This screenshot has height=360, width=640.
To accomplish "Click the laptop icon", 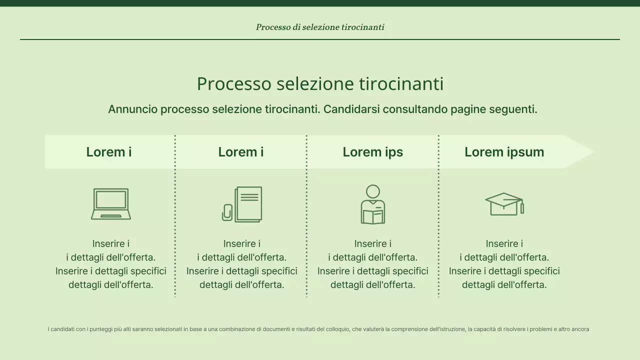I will click(111, 204).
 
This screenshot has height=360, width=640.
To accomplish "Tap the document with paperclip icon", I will click(242, 204).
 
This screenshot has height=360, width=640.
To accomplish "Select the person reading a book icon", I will click(373, 204).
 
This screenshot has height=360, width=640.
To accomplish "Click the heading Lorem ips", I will click(372, 152).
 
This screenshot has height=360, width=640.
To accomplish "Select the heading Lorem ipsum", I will click(504, 152).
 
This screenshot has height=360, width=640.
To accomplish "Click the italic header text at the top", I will click(320, 27).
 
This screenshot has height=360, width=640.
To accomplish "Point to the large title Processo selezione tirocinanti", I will click(320, 83).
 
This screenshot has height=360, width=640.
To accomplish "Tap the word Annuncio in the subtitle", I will click(132, 109).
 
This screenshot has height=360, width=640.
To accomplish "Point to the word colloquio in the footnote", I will click(338, 329).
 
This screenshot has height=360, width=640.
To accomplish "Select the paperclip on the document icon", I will click(227, 212).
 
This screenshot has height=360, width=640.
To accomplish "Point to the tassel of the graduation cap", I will click(522, 207).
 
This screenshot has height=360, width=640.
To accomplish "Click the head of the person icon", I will click(373, 191).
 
